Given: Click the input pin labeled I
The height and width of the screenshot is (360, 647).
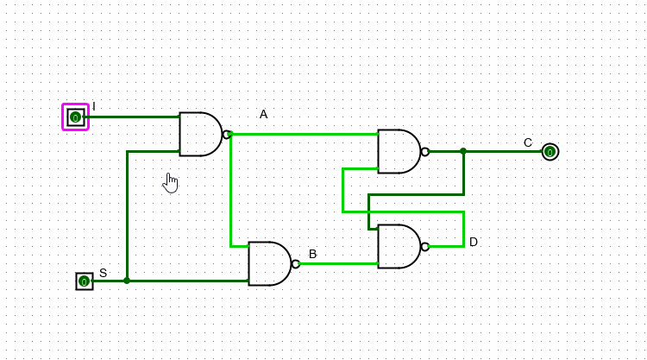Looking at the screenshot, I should pyautogui.click(x=75, y=117).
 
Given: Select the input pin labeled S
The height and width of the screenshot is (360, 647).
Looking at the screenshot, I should pyautogui.click(x=84, y=281).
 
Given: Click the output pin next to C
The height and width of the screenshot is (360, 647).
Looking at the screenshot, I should pyautogui.click(x=550, y=152).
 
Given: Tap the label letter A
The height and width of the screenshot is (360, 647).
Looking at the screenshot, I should pyautogui.click(x=263, y=114).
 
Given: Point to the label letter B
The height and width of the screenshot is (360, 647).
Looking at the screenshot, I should pyautogui.click(x=312, y=254).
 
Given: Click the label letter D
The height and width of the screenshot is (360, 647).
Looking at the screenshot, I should pyautogui.click(x=473, y=242).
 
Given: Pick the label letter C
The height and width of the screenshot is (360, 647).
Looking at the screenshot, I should pyautogui.click(x=528, y=142).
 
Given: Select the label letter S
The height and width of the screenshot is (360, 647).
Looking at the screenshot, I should pyautogui.click(x=103, y=273).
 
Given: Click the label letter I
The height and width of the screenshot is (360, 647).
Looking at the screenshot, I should pyautogui.click(x=94, y=106).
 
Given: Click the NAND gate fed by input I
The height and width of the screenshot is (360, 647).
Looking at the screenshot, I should pyautogui.click(x=200, y=134).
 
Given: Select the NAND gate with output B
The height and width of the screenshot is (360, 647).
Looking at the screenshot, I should pyautogui.click(x=269, y=263).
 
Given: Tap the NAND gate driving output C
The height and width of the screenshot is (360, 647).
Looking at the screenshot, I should pyautogui.click(x=399, y=151).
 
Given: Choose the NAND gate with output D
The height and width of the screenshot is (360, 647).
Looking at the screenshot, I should pyautogui.click(x=399, y=246).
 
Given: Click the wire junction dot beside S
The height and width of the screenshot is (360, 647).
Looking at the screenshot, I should pyautogui.click(x=127, y=281).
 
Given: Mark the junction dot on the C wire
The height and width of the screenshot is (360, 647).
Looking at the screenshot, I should pyautogui.click(x=463, y=151).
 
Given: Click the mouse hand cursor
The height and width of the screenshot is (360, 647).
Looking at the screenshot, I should pyautogui.click(x=170, y=182).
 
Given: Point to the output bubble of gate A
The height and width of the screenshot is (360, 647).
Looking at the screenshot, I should pyautogui.click(x=226, y=134).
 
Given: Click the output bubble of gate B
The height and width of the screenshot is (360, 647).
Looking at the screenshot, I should pyautogui.click(x=295, y=263).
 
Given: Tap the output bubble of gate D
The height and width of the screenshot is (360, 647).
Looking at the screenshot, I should pyautogui.click(x=424, y=246).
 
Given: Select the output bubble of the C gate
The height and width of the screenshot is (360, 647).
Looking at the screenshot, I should pyautogui.click(x=424, y=151).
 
